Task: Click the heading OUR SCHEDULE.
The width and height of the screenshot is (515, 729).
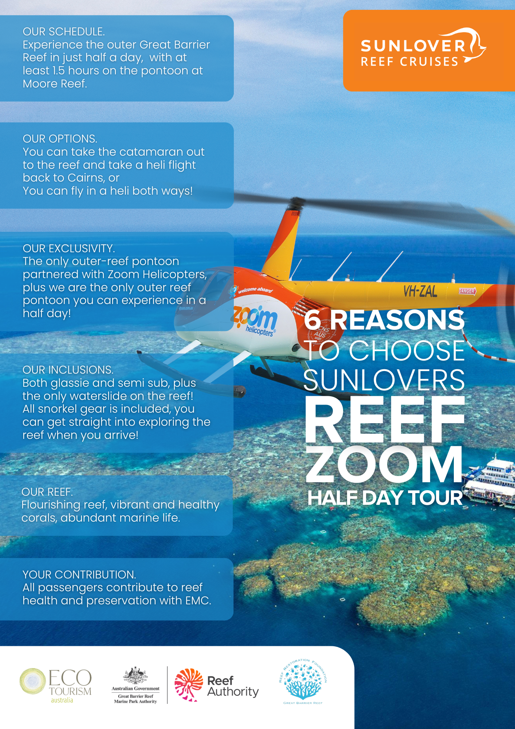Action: click(64, 32)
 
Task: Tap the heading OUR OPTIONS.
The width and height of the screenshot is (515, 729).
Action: click(60, 139)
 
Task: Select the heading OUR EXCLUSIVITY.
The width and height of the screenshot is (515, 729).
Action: click(69, 249)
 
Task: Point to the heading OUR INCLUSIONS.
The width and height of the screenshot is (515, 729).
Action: click(68, 370)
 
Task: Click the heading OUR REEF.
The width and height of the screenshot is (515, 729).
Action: click(47, 492)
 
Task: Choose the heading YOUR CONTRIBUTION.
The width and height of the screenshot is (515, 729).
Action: click(79, 575)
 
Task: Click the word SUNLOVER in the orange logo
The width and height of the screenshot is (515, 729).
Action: click(413, 46)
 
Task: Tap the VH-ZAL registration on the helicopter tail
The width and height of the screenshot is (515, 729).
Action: click(420, 291)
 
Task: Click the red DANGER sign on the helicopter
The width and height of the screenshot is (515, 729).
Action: click(467, 291)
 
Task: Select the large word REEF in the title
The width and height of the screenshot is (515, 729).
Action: click(385, 420)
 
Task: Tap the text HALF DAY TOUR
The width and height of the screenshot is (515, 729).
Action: click(385, 498)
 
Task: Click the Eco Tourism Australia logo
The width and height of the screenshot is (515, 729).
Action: click(55, 685)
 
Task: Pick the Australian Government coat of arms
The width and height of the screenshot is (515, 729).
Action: click(135, 676)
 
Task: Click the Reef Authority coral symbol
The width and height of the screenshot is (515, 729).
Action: click(189, 685)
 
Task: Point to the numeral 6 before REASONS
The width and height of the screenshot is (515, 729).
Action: click(312, 320)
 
